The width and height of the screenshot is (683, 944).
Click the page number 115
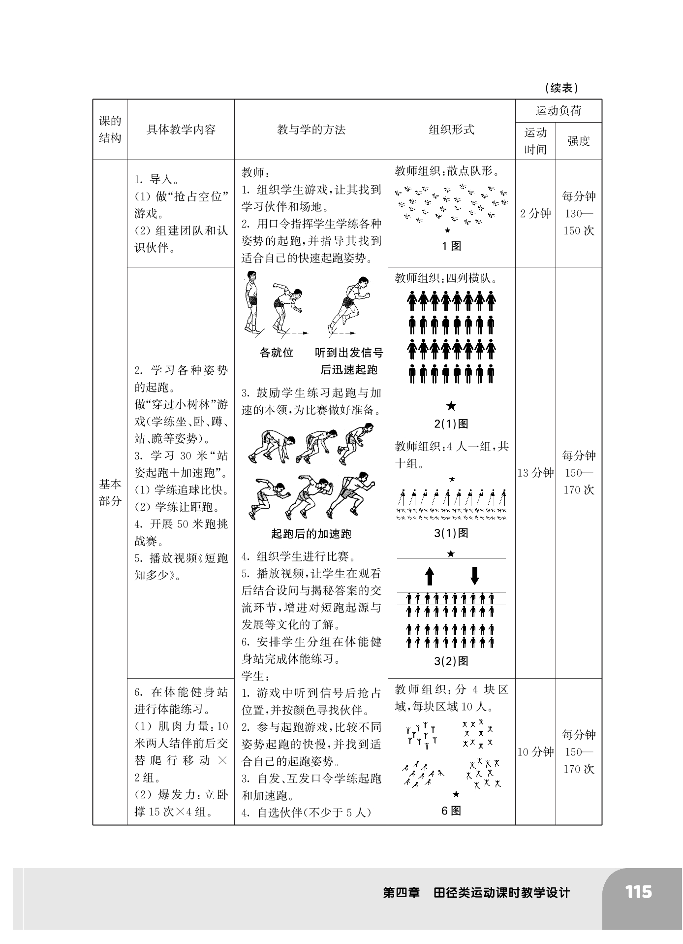pyautogui.click(x=638, y=892)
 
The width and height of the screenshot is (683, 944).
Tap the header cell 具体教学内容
pyautogui.click(x=181, y=130)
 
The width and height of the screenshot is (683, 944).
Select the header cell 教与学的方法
pyautogui.click(x=311, y=130)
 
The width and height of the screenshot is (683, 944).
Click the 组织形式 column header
pyautogui.click(x=451, y=130)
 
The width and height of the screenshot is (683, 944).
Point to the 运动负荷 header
pyautogui.click(x=559, y=111)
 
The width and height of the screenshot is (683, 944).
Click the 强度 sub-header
pyautogui.click(x=578, y=141)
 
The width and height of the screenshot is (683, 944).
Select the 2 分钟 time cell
pyautogui.click(x=535, y=213)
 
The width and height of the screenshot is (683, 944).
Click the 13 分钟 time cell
pyautogui.click(x=535, y=473)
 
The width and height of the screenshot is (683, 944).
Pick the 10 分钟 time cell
pyautogui.click(x=535, y=751)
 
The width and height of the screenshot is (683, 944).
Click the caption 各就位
pyautogui.click(x=277, y=353)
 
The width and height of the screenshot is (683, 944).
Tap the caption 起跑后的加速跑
pyautogui.click(x=311, y=534)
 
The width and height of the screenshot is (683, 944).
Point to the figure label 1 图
pyautogui.click(x=451, y=246)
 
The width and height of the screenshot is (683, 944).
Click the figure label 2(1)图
pyautogui.click(x=451, y=423)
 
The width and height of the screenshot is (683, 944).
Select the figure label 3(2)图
pyautogui.click(x=451, y=661)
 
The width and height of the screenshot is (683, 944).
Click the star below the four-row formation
pyautogui.click(x=451, y=406)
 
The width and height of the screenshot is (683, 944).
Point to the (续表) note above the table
pyautogui.click(x=561, y=88)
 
